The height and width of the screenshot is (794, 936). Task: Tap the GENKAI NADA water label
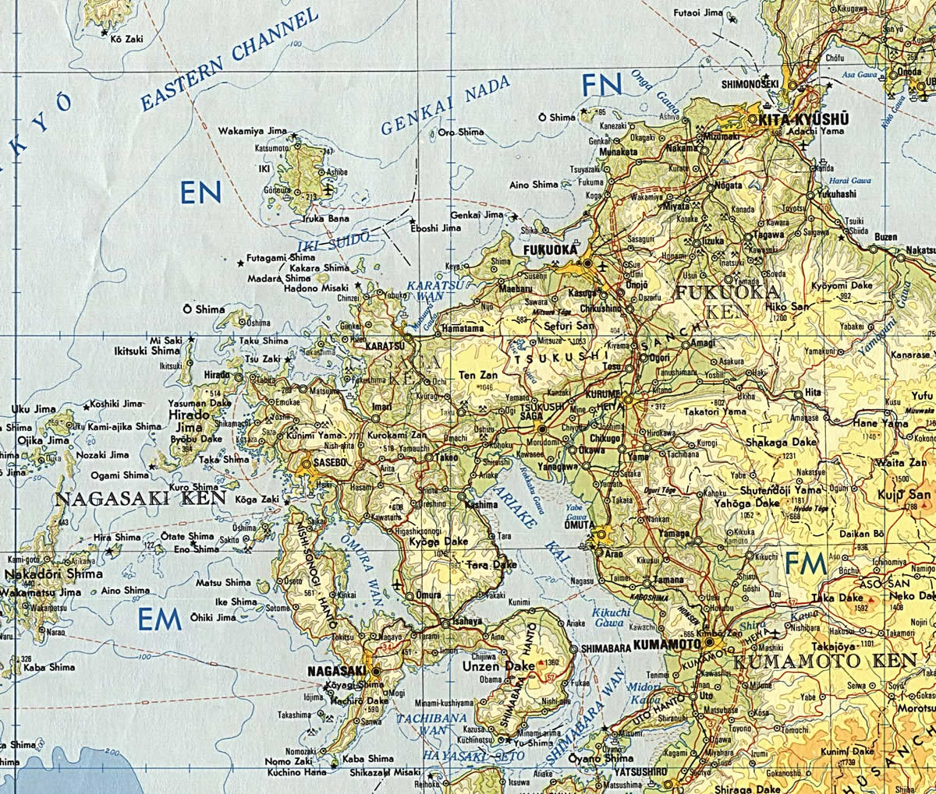[x=445, y=105]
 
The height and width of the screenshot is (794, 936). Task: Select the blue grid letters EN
[x=200, y=191]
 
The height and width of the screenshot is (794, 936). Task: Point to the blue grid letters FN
[x=602, y=83]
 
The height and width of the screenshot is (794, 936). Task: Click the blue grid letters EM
[x=159, y=619]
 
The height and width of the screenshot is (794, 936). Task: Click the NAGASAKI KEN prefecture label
[x=140, y=498]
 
